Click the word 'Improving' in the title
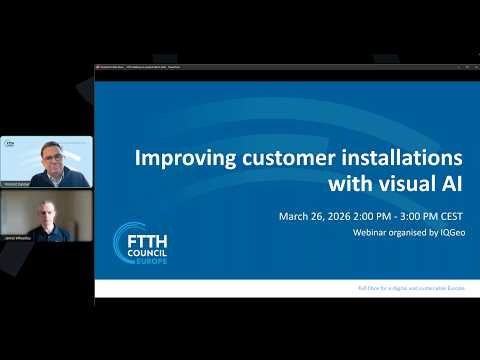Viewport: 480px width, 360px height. (182, 159)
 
